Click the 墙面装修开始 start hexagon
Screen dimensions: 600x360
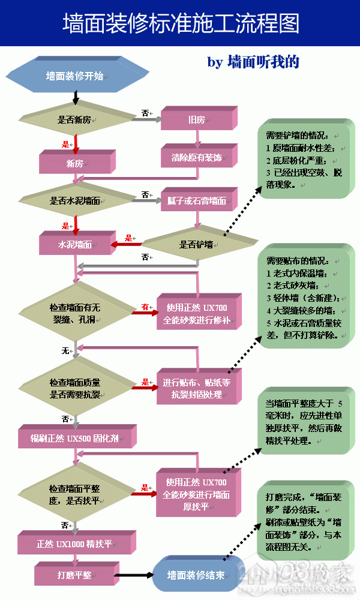[74, 76]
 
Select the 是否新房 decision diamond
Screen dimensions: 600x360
[74, 119]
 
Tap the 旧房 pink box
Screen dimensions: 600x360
[196, 120]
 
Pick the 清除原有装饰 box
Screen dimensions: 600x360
[196, 158]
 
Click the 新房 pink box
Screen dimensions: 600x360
[74, 163]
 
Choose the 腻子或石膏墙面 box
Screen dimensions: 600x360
[196, 200]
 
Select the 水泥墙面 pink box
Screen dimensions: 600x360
[74, 245]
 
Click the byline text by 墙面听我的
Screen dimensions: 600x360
[253, 62]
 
